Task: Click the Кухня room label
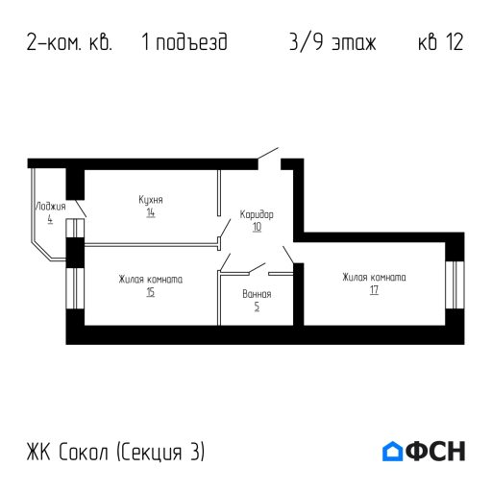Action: point(150,200)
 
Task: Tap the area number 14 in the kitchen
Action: point(151,212)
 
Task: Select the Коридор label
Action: point(257,215)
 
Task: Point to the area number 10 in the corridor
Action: point(257,228)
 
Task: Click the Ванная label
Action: point(257,293)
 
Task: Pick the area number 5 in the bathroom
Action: point(257,307)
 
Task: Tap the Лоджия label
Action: point(50,206)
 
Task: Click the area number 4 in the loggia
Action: point(49,218)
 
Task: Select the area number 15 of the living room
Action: point(151,292)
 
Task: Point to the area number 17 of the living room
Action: point(373,290)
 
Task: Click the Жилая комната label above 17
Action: point(374,278)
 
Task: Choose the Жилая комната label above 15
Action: point(151,280)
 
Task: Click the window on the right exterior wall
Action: point(455,284)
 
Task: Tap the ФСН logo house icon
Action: point(392,451)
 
